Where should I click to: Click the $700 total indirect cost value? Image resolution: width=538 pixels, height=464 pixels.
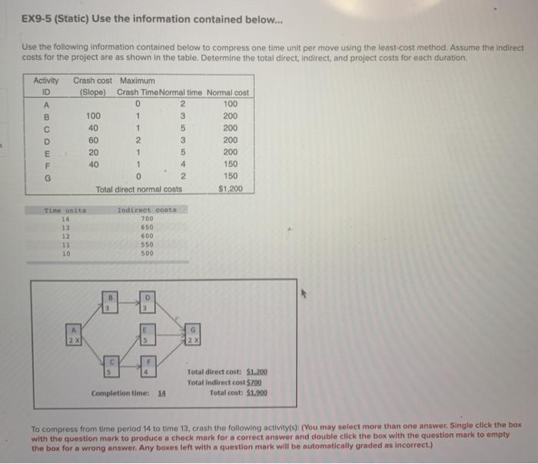click(255, 382)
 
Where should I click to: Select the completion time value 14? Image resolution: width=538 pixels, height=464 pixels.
click(162, 393)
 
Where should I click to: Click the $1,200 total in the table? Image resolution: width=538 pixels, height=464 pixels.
click(231, 189)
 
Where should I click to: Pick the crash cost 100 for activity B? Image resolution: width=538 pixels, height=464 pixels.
click(93, 115)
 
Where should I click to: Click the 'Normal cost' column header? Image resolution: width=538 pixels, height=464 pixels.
click(229, 92)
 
